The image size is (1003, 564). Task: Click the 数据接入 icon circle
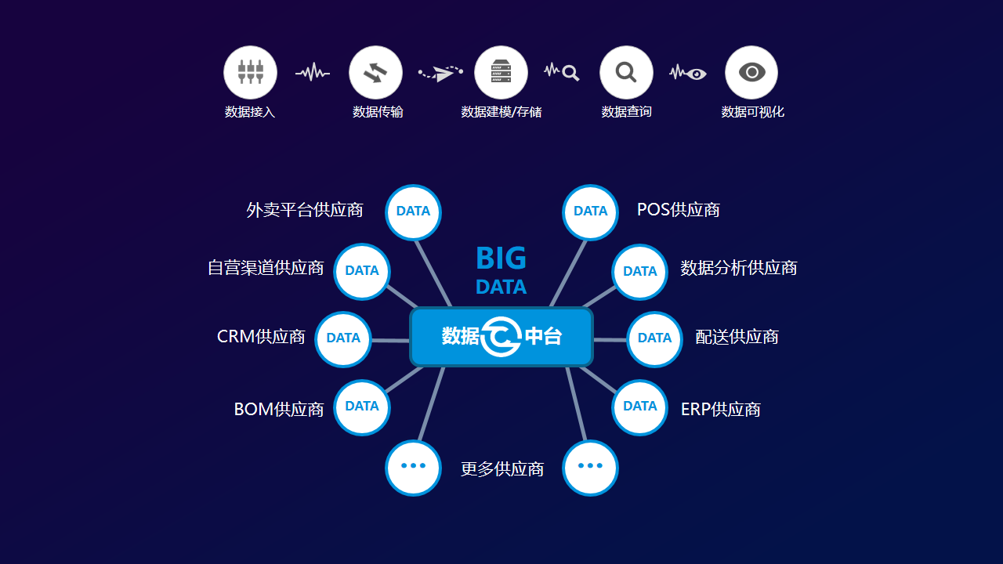click(x=250, y=72)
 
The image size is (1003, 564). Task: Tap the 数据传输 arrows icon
click(x=375, y=72)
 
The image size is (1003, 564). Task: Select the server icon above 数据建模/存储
click(x=501, y=72)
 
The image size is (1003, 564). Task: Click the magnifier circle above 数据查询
click(x=626, y=72)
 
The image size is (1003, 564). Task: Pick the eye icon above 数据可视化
click(x=751, y=72)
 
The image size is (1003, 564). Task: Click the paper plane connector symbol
click(x=441, y=74)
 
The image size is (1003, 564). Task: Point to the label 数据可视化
click(x=752, y=112)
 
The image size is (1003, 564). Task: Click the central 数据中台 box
click(x=501, y=337)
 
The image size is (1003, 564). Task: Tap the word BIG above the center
click(x=501, y=258)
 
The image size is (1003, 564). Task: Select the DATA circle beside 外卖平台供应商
click(x=413, y=211)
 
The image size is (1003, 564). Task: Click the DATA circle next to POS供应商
click(x=591, y=211)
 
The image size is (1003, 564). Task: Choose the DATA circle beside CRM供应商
click(x=343, y=338)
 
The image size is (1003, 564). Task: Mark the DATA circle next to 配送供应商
click(x=655, y=338)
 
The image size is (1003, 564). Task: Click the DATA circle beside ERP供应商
click(x=640, y=407)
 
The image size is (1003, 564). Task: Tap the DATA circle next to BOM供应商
click(x=362, y=407)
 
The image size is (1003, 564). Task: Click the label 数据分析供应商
click(x=738, y=268)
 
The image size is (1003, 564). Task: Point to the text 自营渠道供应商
click(x=266, y=268)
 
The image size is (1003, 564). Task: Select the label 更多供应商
click(x=502, y=469)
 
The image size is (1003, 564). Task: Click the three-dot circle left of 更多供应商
click(x=413, y=467)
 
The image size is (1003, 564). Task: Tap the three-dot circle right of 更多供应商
click(x=590, y=467)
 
